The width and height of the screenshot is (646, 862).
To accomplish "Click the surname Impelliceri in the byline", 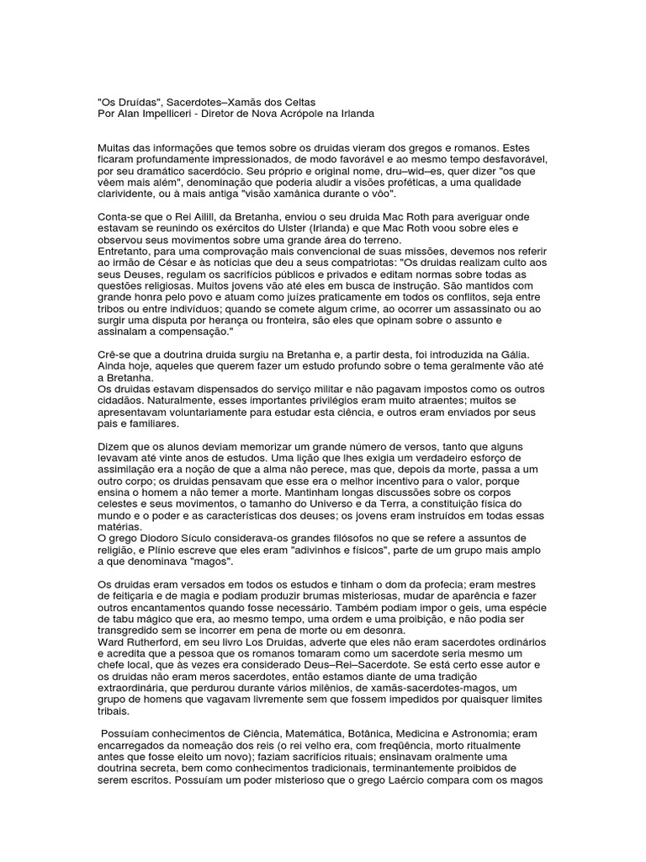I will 172,113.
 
